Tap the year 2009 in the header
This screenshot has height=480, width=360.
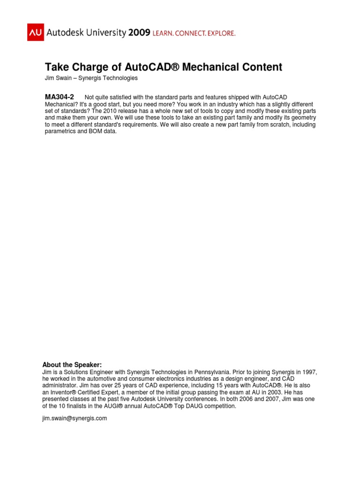[139, 32]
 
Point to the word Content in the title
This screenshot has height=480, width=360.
[260, 67]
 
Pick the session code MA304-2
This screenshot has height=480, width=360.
[60, 97]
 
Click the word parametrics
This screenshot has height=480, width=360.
[60, 131]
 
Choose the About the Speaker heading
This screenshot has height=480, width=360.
[72, 365]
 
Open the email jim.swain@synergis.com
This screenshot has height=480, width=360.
[75, 418]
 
